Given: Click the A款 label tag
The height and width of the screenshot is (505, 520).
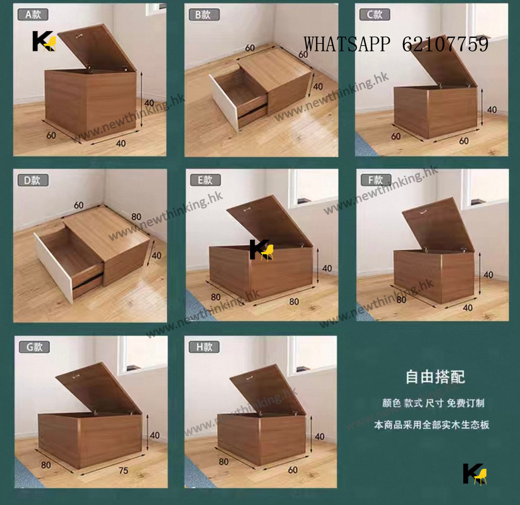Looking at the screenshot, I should (x=33, y=15).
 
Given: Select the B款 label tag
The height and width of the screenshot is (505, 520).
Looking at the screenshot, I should (x=204, y=15).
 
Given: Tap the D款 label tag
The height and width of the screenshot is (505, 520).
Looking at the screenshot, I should (x=33, y=180).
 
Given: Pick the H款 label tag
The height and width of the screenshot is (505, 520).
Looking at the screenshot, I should (x=204, y=347).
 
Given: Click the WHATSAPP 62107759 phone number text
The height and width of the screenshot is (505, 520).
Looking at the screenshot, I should (x=396, y=44).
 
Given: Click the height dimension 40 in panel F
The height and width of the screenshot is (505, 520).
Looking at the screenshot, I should (x=488, y=274).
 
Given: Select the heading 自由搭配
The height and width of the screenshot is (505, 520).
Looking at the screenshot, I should (x=435, y=377).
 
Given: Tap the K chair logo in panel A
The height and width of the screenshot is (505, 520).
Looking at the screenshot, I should (x=44, y=42).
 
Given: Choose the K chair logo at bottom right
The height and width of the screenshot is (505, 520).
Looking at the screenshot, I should (x=475, y=474).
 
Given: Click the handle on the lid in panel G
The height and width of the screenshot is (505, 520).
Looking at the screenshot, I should (x=76, y=377).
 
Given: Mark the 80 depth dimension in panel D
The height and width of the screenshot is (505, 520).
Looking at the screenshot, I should (x=136, y=217).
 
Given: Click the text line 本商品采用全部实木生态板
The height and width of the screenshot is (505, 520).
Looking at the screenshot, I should (x=431, y=425).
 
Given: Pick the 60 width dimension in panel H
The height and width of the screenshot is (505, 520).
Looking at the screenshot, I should (x=293, y=470).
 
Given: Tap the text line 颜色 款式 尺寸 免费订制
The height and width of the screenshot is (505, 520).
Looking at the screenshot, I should (x=433, y=403).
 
